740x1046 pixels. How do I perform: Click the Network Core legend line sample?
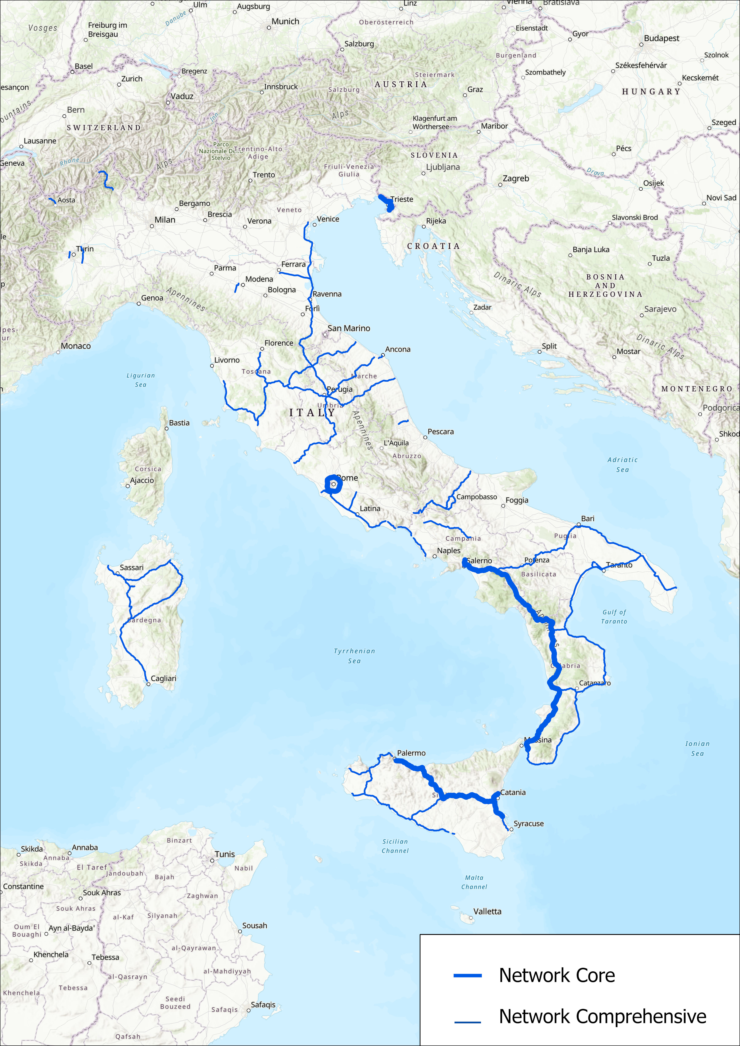click(467, 975)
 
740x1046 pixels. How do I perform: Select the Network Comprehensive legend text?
click(602, 1016)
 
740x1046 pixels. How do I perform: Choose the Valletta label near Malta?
click(487, 911)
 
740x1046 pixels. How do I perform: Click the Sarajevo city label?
click(660, 309)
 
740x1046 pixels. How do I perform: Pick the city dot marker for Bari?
click(579, 525)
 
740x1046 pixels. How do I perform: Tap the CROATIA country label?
click(433, 246)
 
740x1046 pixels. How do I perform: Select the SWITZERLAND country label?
click(104, 128)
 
